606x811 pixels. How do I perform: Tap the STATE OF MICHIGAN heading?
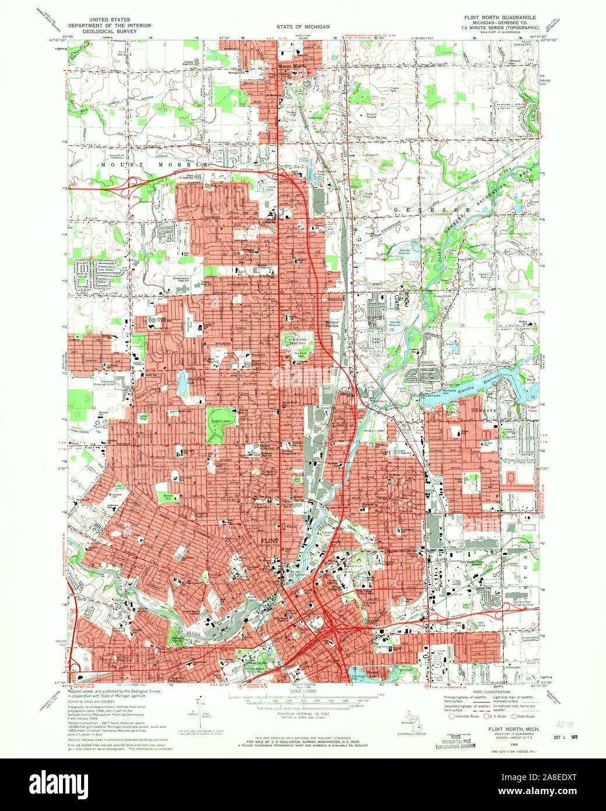point(303,27)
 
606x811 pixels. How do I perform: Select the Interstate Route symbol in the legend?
point(451,716)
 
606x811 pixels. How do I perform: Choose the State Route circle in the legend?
point(514,716)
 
